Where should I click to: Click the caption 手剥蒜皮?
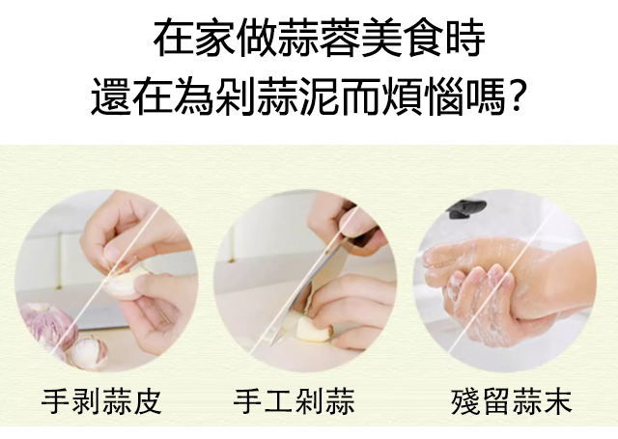[101, 401]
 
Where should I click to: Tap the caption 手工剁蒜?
[294, 401]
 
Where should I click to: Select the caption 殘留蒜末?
[511, 401]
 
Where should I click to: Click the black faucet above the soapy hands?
[466, 208]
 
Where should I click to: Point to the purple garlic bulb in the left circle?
[46, 325]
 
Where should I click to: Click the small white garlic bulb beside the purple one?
[90, 352]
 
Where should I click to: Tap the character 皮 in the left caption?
[148, 401]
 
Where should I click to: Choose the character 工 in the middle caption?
[278, 401]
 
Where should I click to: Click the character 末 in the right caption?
[557, 401]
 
